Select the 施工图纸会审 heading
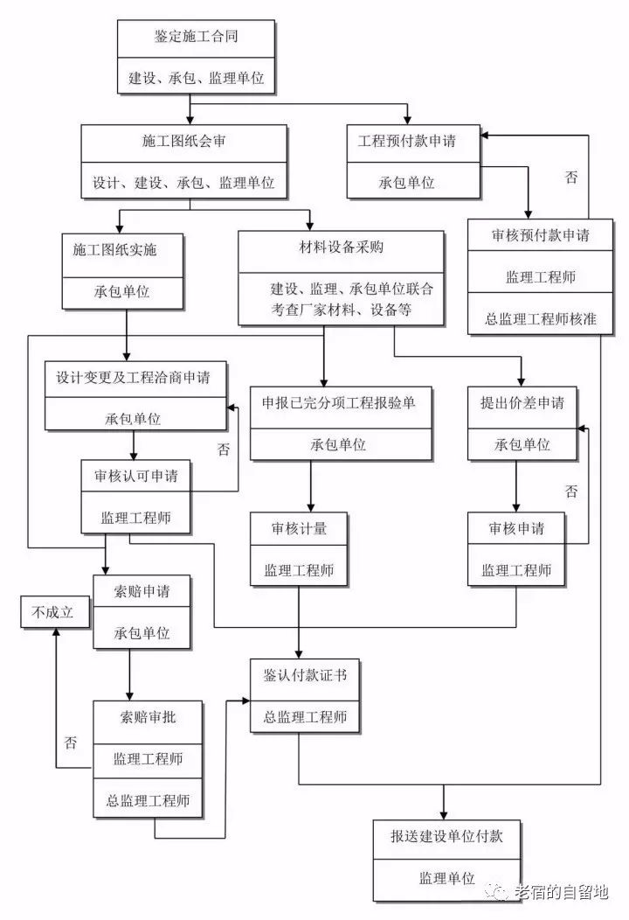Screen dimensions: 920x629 tap(184, 141)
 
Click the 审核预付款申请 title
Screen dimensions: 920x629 tap(541, 235)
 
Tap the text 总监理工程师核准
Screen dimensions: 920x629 tap(541, 319)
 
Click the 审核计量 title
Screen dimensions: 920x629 tap(299, 529)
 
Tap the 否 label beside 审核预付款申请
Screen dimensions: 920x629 tap(571, 178)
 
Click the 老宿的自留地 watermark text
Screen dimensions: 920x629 tap(560, 892)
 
